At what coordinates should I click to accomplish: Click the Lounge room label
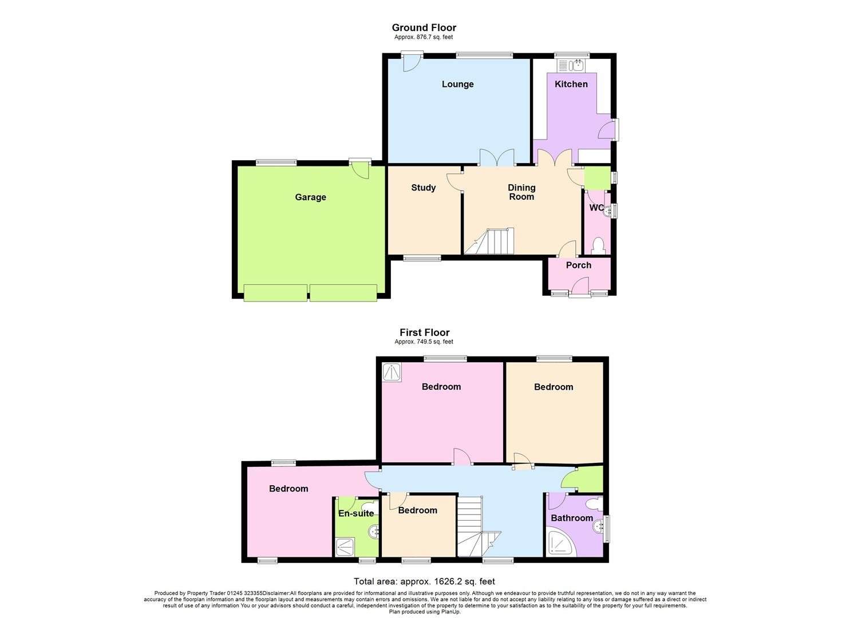coord(457,84)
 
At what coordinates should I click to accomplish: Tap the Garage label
coord(310,197)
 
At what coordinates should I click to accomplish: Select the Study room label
coord(423,188)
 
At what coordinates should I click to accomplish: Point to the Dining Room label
coord(521,192)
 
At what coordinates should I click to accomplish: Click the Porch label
coord(578,266)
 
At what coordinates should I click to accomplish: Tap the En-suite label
coord(355,514)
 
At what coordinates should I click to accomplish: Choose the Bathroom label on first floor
coord(571,518)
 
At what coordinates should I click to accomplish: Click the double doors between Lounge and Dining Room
coord(496,159)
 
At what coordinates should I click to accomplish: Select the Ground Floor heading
coord(424,27)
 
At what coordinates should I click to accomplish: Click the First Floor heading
coord(424,332)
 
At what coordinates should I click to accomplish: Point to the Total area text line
coord(424,582)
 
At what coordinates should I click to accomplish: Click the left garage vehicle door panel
coord(275,292)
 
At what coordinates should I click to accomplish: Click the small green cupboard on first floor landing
coord(591,480)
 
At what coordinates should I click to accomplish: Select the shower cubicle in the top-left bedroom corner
coord(393,373)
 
